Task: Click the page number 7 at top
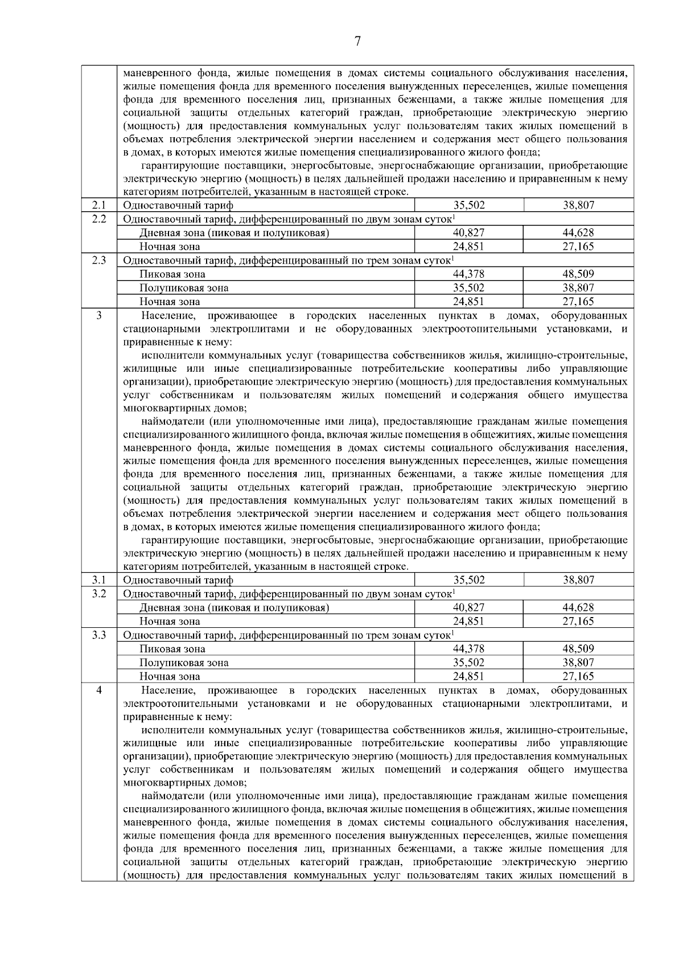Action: coord(357,41)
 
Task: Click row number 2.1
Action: coord(99,205)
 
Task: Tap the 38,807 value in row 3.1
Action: coord(578,580)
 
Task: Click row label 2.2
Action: coord(99,219)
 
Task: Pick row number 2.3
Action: coord(99,260)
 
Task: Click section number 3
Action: coord(99,315)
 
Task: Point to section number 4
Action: coord(99,690)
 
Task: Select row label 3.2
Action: coord(99,594)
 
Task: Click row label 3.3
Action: coord(99,635)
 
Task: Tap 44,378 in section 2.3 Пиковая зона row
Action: coord(469,274)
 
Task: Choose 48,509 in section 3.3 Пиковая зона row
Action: coord(578,649)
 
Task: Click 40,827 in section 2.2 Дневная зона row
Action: coord(469,233)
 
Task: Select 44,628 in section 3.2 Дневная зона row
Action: coord(578,607)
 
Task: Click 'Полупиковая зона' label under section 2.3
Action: coord(184,288)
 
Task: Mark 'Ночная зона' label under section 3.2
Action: coord(170,622)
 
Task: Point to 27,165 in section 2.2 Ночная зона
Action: coord(578,246)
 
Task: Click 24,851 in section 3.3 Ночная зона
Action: coord(469,676)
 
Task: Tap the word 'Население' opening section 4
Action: coord(168,690)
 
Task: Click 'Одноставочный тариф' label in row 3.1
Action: coord(178,580)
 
